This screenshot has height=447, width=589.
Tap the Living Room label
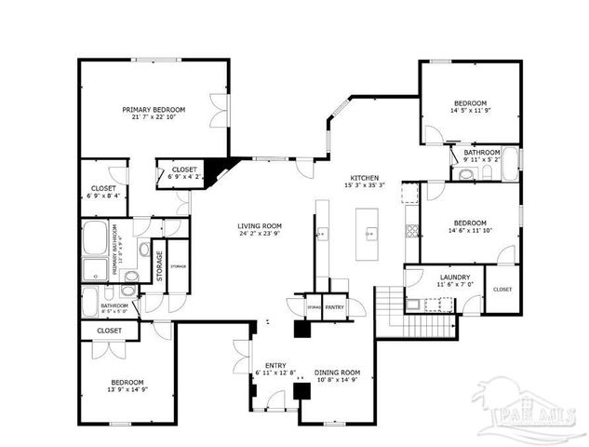coord(260,225)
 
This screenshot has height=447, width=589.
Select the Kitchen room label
coord(365,177)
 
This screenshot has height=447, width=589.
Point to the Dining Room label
coord(337,372)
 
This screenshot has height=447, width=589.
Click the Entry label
coord(275,365)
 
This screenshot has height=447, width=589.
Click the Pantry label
coord(335,306)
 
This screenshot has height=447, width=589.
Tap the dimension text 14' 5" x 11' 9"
coord(470,111)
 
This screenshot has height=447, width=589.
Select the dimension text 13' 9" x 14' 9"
coord(127,390)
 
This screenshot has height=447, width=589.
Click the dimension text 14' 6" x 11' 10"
coord(470,231)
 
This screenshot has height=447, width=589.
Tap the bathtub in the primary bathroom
coord(96,239)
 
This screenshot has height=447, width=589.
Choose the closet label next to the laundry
coord(502,290)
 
